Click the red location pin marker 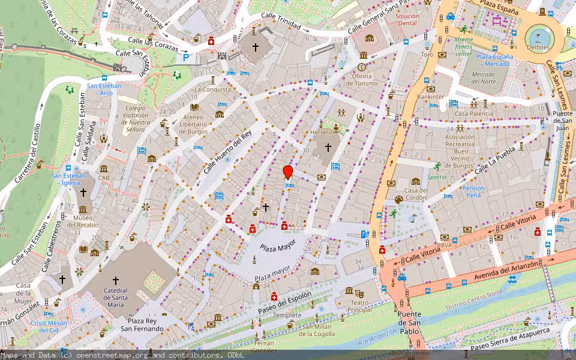288,172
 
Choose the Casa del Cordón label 416,194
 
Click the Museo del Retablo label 83,221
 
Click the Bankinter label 431,96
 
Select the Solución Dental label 407,19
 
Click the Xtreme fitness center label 463,47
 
